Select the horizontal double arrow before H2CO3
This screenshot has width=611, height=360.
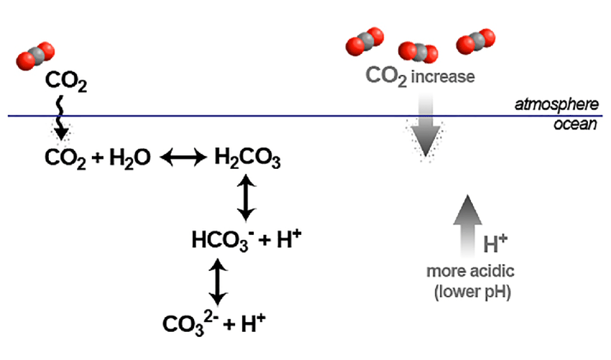click(182, 157)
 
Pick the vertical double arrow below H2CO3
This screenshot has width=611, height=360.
click(246, 199)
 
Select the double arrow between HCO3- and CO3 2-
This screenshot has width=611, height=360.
click(216, 282)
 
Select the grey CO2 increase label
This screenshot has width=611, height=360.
click(421, 75)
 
